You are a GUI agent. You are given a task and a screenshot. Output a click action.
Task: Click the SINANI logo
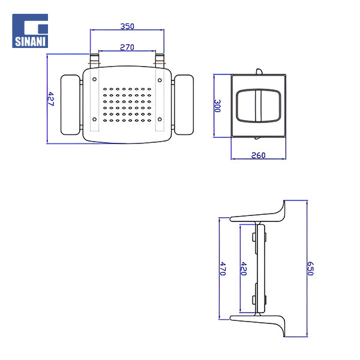tap(30, 31)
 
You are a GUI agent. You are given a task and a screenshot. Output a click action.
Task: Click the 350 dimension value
tap(127, 26)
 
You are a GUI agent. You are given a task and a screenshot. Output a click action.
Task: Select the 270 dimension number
tap(127, 47)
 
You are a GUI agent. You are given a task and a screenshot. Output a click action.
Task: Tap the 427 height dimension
tap(51, 99)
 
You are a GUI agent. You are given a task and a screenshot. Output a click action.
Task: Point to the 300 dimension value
tap(218, 107)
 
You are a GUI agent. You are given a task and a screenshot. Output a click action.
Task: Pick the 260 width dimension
tap(258, 155)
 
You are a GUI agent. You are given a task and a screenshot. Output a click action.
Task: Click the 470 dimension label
tap(222, 268)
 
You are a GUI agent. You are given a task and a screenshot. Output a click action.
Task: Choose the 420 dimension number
tap(244, 268)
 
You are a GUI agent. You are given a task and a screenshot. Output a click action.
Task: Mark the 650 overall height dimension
tap(310, 268)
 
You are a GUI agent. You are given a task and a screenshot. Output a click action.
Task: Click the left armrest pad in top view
tap(71, 104)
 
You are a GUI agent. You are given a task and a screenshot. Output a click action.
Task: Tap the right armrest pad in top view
tap(183, 104)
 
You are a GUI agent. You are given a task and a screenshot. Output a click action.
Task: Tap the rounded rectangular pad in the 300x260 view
tap(258, 106)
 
